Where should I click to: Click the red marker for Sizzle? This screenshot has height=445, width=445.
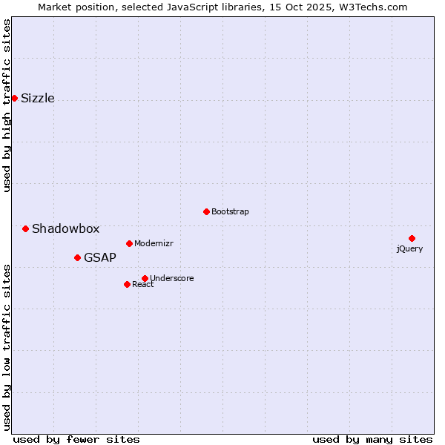coord(14,98)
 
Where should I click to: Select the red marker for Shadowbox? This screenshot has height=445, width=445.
coord(25,228)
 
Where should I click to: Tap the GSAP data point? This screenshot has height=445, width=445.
coord(77,257)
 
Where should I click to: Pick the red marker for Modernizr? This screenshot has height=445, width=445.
coord(129,243)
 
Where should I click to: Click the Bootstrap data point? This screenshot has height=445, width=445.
coord(206,211)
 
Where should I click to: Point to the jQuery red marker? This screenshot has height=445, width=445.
coord(412,238)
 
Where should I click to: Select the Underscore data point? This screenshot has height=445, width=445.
coord(145,278)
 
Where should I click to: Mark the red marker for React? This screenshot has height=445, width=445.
coord(127,284)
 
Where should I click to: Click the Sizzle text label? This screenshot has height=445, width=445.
coord(38,99)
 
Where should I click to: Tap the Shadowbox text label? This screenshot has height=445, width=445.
coord(65,229)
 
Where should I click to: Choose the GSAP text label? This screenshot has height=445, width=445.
coord(100,258)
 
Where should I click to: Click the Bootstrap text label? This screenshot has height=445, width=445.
coord(230,212)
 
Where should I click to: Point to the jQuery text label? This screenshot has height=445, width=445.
coord(409,249)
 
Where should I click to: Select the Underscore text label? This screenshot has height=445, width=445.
coord(172,279)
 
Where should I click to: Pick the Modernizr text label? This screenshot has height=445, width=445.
coord(154,244)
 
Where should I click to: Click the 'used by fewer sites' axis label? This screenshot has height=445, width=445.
coord(76,439)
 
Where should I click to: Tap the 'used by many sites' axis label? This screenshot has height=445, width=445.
coord(372,439)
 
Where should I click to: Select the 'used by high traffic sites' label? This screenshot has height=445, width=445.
coord(7,105)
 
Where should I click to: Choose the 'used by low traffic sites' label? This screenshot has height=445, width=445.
coord(7,346)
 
